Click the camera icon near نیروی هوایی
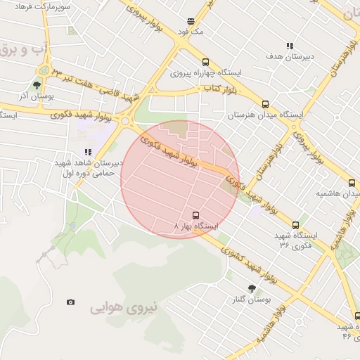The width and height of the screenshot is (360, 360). (x=70, y=302)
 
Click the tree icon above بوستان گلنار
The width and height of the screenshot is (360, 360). (x=251, y=288)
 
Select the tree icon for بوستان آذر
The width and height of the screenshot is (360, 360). (x=37, y=85)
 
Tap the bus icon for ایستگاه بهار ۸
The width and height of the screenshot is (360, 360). (x=195, y=214)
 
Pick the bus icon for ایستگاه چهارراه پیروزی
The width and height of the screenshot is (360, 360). (x=205, y=62)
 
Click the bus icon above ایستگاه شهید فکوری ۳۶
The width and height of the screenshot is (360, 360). (x=295, y=225)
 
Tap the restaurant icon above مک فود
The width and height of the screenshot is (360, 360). (x=191, y=21)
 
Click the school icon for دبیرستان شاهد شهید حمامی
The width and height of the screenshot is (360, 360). (x=88, y=152)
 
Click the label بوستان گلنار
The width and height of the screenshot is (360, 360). (x=251, y=300)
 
